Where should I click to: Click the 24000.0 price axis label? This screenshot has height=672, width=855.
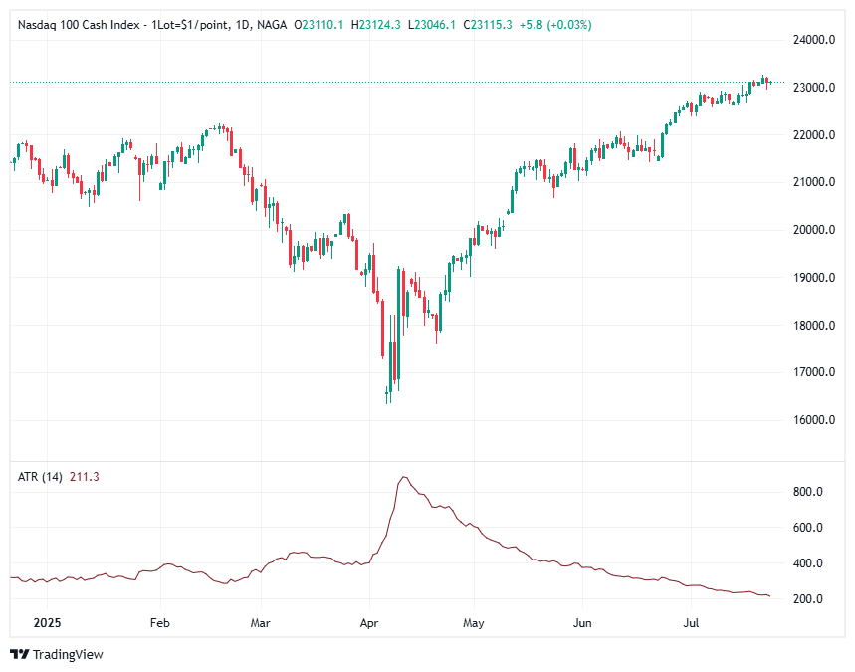click(813, 40)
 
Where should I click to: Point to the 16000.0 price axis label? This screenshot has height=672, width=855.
click(813, 420)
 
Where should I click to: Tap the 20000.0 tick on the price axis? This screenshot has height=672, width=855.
click(813, 230)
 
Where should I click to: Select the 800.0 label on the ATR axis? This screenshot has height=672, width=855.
click(807, 492)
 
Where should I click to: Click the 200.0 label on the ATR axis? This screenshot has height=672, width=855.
click(807, 599)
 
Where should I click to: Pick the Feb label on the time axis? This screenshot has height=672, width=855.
click(159, 624)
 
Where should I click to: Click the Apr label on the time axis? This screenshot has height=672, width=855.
click(369, 624)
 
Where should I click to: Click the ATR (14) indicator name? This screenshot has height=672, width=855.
click(40, 477)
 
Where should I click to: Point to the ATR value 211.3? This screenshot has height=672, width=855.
click(84, 477)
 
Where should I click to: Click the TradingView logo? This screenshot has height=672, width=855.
click(57, 654)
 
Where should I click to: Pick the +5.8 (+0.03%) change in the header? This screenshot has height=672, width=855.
click(560, 24)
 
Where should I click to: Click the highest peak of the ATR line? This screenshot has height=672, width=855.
click(403, 478)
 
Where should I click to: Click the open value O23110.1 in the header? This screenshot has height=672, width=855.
click(321, 24)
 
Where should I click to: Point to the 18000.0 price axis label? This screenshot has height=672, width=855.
click(813, 326)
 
